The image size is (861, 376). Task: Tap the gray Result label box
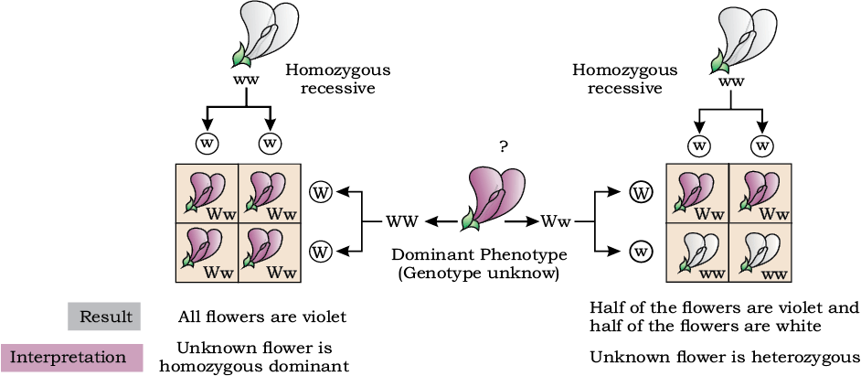(104, 317)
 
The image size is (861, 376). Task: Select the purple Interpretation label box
(72, 358)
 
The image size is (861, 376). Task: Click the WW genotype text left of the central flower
(402, 221)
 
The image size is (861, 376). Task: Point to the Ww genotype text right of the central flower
(557, 221)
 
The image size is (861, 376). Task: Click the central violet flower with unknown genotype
(489, 197)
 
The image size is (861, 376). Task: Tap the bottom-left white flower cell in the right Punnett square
(696, 252)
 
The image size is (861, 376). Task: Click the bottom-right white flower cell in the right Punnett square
(760, 252)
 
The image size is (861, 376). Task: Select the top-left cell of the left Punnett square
(207, 193)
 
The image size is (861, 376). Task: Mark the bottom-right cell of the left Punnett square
(270, 252)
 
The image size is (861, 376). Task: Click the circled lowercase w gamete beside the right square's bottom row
(639, 252)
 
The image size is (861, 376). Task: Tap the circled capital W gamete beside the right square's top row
(639, 193)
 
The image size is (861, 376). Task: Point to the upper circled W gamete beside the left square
(320, 193)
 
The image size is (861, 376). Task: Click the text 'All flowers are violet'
(262, 317)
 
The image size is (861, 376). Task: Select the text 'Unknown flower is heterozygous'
(724, 358)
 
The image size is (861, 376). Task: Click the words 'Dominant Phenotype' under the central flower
(478, 256)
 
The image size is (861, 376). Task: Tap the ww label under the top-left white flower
(246, 80)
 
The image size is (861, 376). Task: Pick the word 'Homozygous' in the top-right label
(625, 70)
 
